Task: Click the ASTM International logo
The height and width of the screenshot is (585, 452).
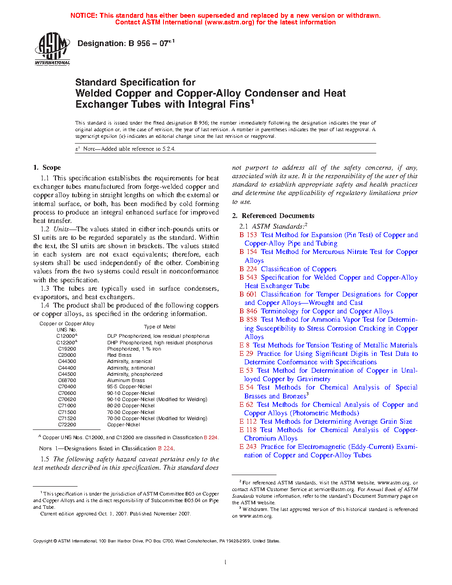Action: (52, 49)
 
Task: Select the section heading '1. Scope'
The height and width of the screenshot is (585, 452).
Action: (47, 168)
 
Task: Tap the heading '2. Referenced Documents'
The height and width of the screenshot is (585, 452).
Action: (273, 216)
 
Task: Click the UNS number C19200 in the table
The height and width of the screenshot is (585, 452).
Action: (67, 349)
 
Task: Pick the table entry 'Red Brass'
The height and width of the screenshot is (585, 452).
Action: (119, 355)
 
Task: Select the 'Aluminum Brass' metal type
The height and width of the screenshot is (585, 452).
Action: (126, 380)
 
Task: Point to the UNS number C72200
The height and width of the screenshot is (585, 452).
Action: (67, 425)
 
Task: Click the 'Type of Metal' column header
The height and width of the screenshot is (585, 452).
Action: (160, 327)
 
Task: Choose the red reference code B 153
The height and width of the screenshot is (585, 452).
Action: (248, 235)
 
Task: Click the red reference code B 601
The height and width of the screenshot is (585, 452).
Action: (248, 294)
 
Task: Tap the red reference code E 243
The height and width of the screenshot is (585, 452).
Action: (248, 447)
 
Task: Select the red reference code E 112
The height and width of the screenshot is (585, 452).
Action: (248, 421)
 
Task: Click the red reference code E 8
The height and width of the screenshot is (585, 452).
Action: (245, 345)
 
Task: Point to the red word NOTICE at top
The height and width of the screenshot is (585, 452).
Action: (84, 16)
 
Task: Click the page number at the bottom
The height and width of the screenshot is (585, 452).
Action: (226, 562)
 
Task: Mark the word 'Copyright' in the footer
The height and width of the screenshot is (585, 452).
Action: (43, 541)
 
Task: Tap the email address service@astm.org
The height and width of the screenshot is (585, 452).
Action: (328, 490)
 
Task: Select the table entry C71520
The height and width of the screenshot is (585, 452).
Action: (67, 418)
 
